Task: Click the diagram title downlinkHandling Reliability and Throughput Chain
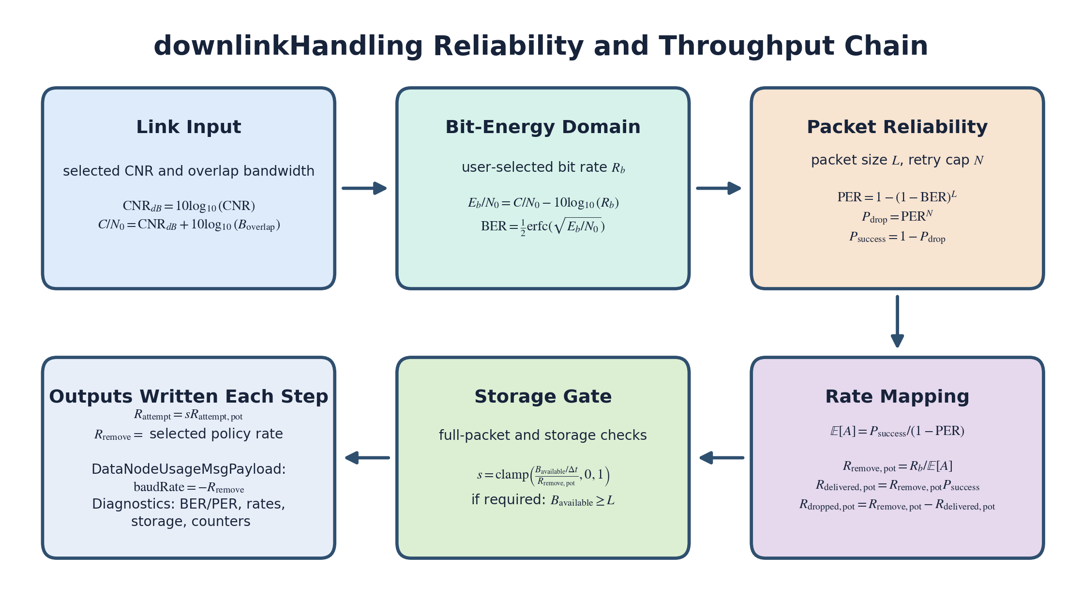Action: tap(541, 46)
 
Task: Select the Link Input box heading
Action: tap(189, 127)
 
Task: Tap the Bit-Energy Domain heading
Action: tap(542, 127)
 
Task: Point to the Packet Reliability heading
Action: tap(897, 127)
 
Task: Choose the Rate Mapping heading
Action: tap(897, 397)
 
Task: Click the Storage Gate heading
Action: tap(542, 397)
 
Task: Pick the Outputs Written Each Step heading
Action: tap(189, 397)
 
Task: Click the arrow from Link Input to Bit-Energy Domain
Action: tap(364, 188)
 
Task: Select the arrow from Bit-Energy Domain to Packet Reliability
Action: tap(719, 188)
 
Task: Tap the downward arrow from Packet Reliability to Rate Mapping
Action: tap(897, 321)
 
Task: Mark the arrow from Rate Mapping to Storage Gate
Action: tap(721, 458)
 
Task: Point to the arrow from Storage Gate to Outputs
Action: tap(367, 458)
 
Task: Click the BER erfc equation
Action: tap(542, 226)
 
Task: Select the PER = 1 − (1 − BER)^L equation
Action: tap(897, 197)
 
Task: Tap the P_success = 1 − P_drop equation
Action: tap(897, 237)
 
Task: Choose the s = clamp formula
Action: tap(542, 475)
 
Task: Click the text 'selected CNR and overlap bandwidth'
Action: tap(189, 171)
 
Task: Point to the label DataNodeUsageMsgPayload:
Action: tap(189, 469)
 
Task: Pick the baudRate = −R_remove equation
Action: tap(189, 487)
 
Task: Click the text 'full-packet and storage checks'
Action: tap(542, 436)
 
